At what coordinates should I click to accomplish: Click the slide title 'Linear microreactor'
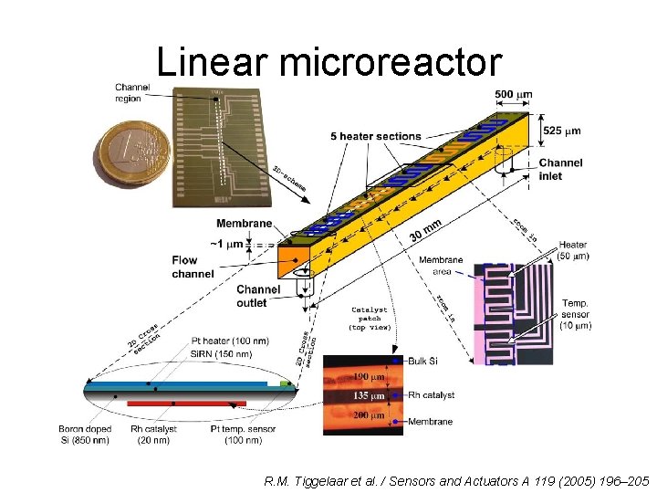[x=328, y=62]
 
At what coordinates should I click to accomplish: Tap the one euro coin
[x=133, y=155]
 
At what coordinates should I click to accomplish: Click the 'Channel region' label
[x=132, y=92]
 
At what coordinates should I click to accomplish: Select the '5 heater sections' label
[x=375, y=136]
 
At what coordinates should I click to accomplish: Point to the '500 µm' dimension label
[x=514, y=95]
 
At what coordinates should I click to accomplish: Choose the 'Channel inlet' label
[x=560, y=169]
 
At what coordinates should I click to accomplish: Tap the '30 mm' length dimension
[x=425, y=228]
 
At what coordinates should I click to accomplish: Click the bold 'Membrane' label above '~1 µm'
[x=244, y=224]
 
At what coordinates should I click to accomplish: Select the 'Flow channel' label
[x=192, y=267]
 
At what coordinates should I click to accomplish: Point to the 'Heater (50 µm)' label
[x=573, y=250]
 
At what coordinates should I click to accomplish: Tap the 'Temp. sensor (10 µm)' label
[x=576, y=314]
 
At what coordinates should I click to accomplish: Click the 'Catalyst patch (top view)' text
[x=370, y=318]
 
